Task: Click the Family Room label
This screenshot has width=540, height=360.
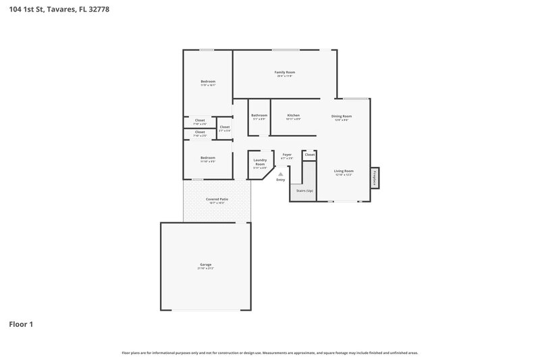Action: pos(284,72)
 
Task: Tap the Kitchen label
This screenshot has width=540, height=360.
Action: pos(293,115)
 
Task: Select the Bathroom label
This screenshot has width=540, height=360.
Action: pos(259,115)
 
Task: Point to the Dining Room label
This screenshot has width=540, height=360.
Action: pos(342,116)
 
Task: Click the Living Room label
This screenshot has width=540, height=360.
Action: pos(344,171)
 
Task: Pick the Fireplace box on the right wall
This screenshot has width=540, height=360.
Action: pos(373,178)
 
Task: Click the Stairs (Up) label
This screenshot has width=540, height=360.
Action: pos(304,190)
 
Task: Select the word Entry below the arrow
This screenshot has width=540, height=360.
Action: pos(281,180)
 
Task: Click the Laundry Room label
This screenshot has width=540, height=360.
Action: pos(260,163)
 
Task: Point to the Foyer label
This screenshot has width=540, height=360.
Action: pos(287,155)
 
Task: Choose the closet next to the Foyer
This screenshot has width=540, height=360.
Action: pos(309,155)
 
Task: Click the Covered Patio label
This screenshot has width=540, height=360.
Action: pos(217,199)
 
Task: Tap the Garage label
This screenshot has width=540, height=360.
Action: pos(206,264)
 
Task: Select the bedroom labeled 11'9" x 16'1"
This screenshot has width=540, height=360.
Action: pos(207,82)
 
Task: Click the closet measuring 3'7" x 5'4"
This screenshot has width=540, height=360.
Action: pos(225,128)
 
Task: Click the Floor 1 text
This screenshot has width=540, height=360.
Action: pos(21,324)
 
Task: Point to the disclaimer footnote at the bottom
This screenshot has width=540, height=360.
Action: pos(269,353)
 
